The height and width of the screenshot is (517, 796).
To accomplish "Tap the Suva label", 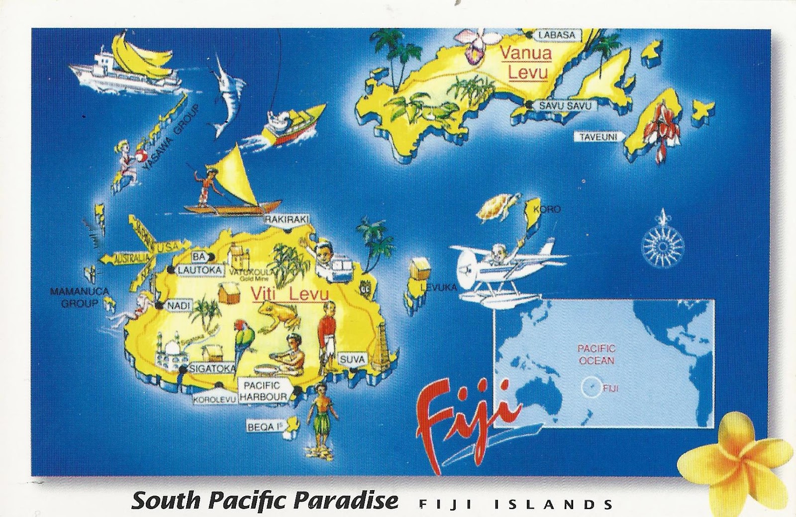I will pos(353,359).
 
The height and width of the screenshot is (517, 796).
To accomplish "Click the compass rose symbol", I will pos(663,244).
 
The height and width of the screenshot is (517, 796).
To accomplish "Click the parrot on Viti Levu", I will pos(242,340).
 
